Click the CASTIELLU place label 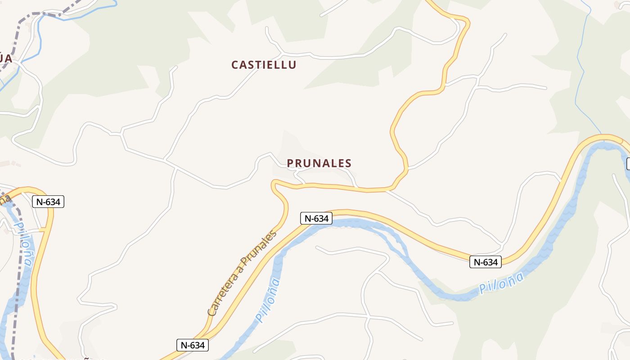(264, 65)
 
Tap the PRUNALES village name (319, 163)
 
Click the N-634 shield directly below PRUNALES (316, 219)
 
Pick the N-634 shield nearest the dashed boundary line (48, 202)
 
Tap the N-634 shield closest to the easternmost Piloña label (485, 262)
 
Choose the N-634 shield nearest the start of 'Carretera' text (192, 345)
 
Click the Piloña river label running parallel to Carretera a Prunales (268, 300)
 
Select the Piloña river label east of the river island (501, 283)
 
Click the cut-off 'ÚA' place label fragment (5, 58)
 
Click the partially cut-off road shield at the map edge (628, 164)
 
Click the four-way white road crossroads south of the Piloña (369, 318)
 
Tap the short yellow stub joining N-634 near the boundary (43, 230)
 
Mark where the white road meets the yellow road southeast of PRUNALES (386, 191)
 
